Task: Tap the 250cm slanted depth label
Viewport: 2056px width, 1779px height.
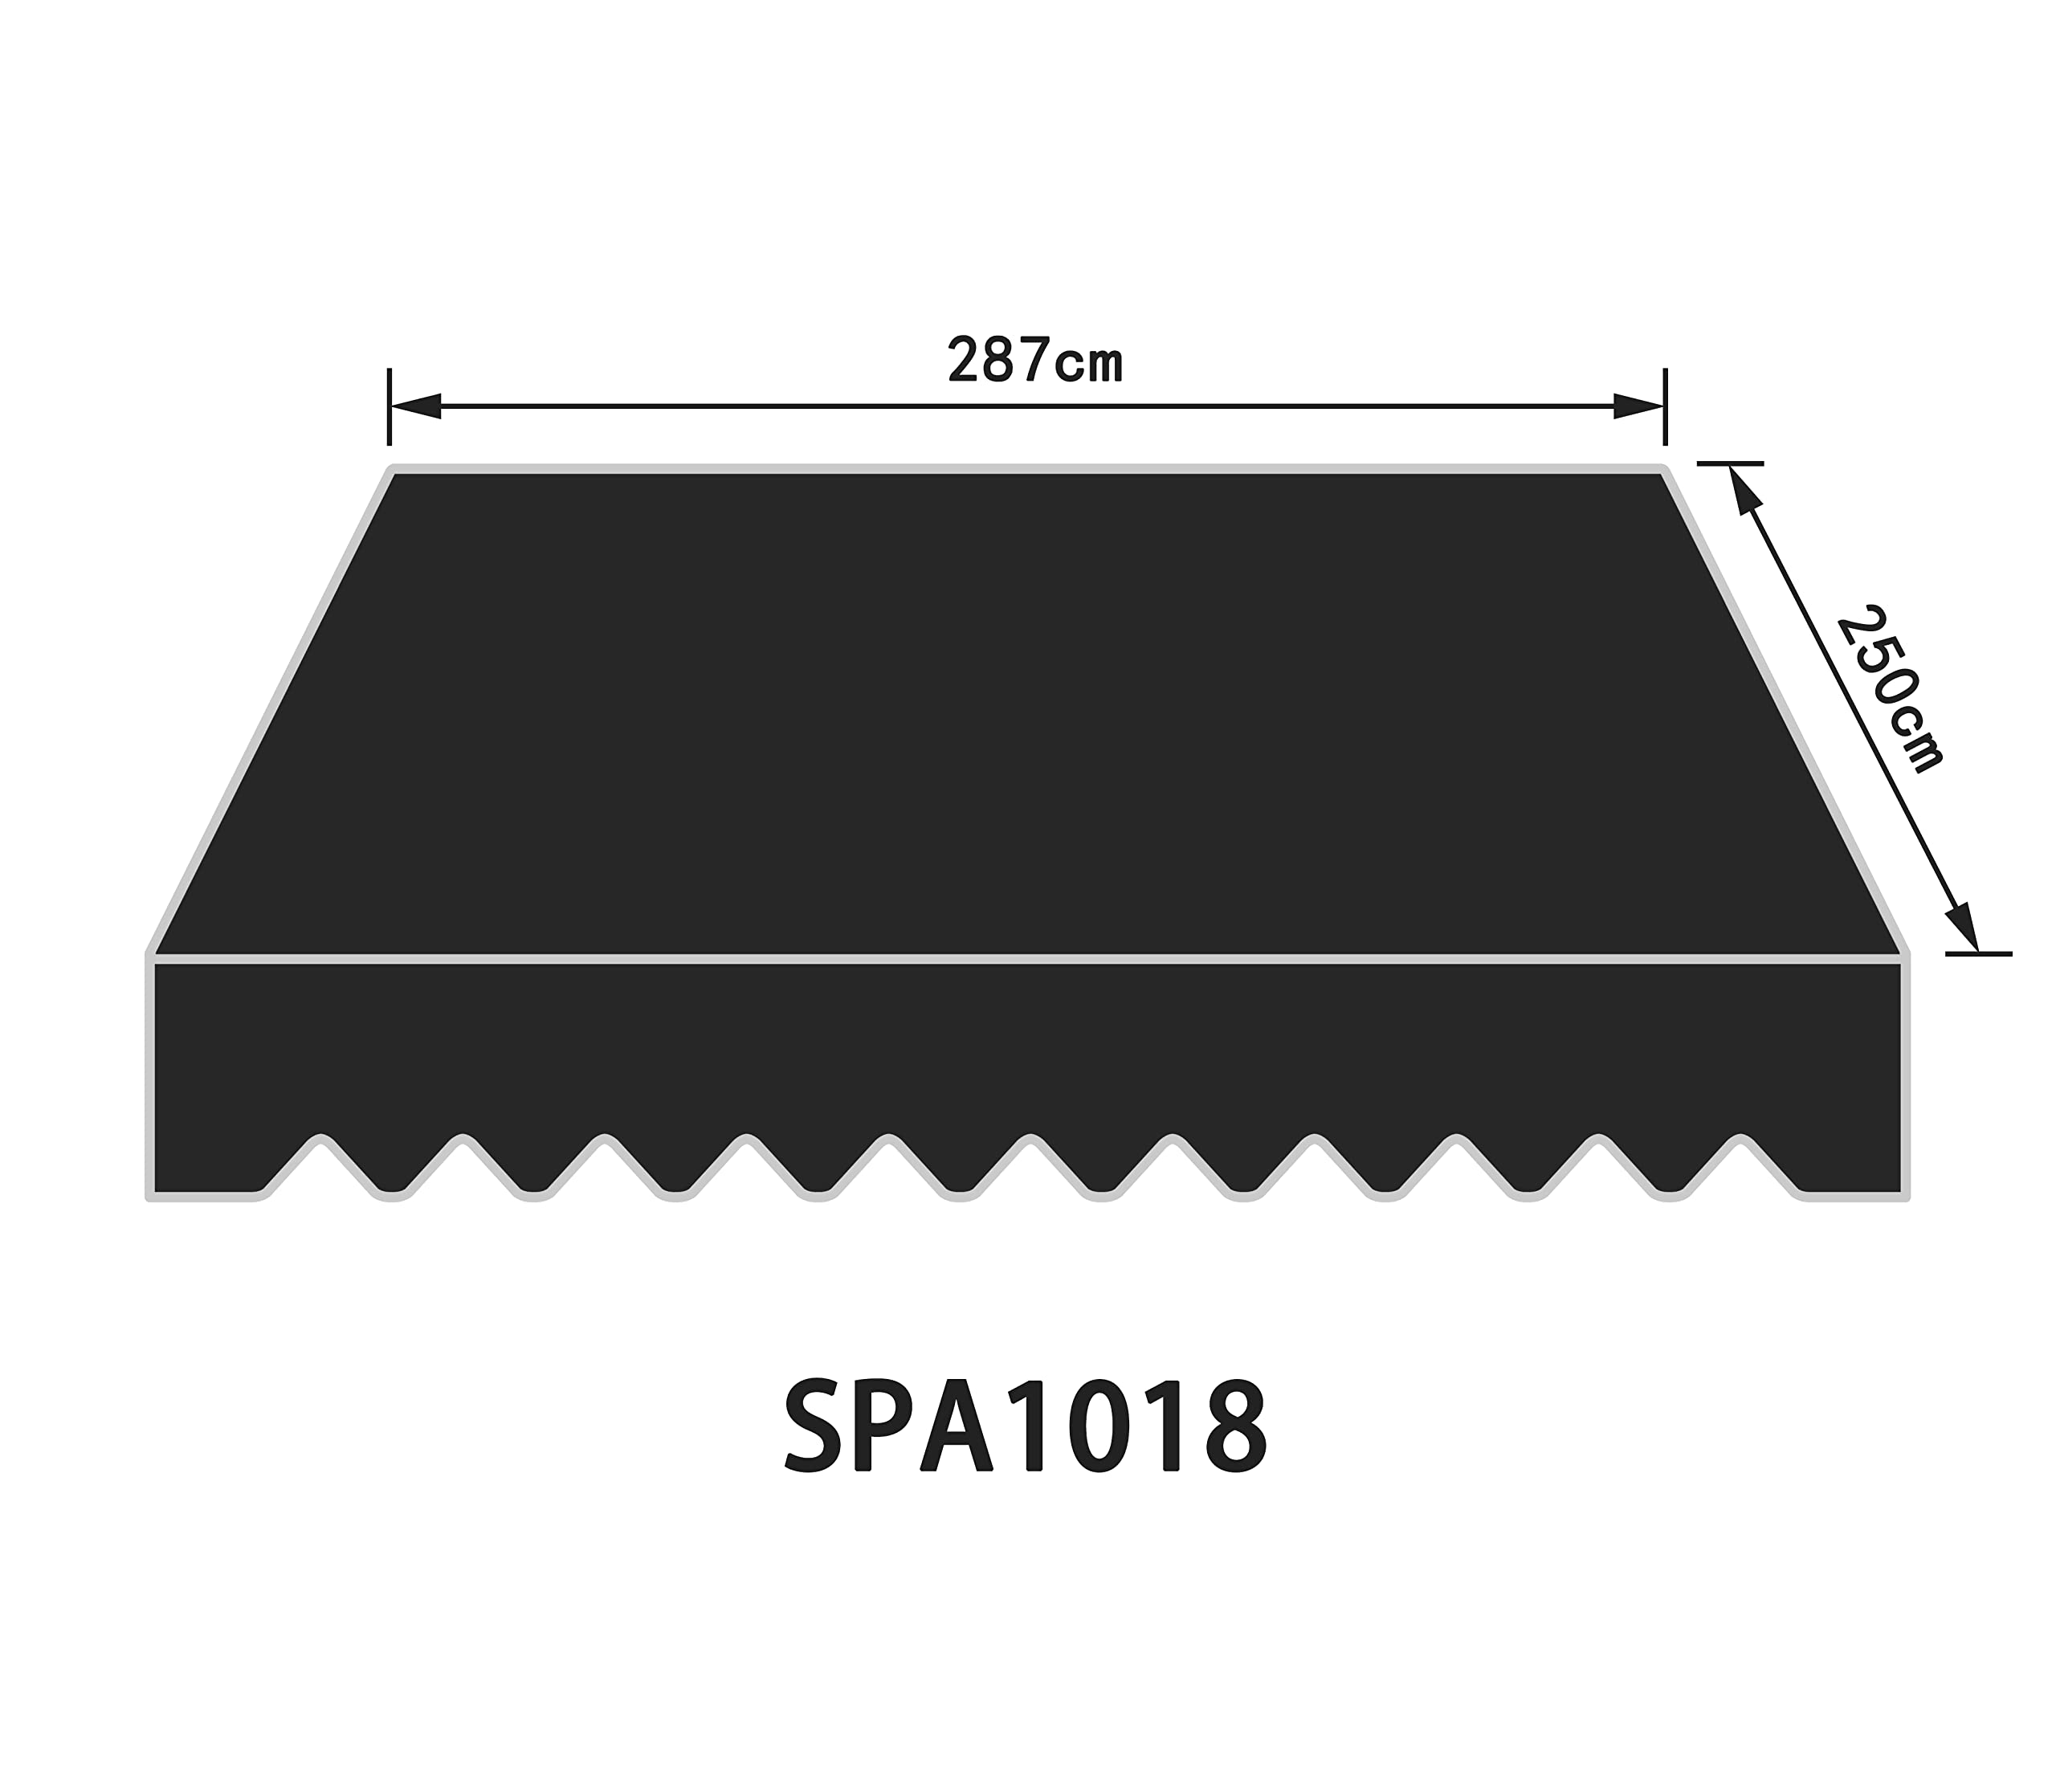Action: tap(1889, 689)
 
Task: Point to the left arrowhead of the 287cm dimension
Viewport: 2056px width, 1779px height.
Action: tap(415, 406)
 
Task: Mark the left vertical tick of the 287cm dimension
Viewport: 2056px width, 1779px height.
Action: tap(390, 406)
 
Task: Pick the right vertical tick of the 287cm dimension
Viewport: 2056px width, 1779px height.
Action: tap(1665, 406)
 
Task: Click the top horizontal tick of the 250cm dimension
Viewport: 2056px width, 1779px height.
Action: tap(1731, 463)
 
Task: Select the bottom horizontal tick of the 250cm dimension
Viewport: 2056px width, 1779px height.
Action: tap(1979, 954)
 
